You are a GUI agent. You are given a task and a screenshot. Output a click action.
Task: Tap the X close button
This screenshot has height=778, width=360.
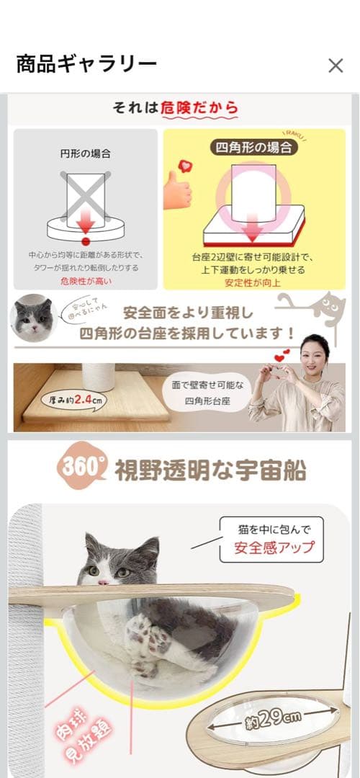(336, 66)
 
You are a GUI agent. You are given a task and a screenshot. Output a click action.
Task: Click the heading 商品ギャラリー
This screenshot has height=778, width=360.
(86, 65)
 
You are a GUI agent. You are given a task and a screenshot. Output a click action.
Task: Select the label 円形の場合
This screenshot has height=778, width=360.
(85, 153)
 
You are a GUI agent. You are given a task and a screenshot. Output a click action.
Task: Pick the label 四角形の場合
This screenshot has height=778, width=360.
(255, 148)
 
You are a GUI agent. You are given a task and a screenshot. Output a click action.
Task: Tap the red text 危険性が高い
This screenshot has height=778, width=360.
(86, 281)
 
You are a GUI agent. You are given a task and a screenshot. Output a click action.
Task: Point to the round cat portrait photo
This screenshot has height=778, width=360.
(34, 316)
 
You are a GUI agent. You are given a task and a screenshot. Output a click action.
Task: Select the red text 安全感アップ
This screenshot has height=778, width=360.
(274, 547)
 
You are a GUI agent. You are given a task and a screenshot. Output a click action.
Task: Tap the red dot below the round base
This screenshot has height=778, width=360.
(85, 241)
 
